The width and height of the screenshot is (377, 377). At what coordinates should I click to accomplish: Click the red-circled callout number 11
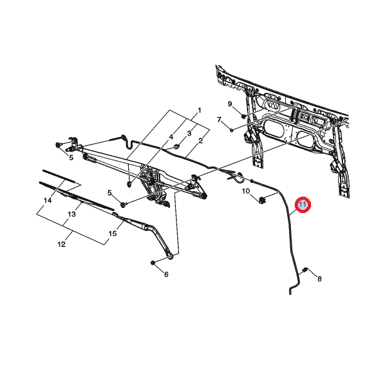(303, 205)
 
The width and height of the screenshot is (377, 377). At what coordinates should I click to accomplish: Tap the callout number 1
(199, 111)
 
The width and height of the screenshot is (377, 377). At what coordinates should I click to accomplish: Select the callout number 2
(201, 140)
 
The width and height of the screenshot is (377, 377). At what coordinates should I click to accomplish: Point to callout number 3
(189, 133)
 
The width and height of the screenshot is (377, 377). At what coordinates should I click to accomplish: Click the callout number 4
(171, 137)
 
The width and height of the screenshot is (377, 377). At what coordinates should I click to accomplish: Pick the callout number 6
(166, 275)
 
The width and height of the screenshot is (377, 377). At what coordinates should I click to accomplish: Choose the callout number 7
(219, 119)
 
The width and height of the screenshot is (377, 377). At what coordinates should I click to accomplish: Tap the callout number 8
(319, 279)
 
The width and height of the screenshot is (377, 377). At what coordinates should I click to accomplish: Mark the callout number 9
(230, 104)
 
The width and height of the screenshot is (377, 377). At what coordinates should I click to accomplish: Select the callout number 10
(246, 191)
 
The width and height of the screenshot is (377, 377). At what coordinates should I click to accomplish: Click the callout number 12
(62, 244)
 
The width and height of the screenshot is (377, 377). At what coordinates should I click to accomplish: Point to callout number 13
(72, 214)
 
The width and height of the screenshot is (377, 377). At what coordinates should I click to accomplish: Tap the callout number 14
(48, 200)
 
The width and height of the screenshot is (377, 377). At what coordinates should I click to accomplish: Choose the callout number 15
(112, 233)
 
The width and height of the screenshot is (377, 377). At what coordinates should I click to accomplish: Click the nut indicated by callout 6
(153, 263)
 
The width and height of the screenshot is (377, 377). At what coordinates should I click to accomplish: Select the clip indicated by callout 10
(262, 199)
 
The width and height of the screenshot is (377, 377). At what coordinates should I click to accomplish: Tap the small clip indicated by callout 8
(305, 270)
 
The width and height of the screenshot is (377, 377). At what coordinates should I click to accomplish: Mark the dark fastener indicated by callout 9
(243, 116)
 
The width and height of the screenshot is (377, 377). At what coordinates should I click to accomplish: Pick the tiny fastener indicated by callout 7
(231, 130)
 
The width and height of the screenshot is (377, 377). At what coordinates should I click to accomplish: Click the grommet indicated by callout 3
(177, 146)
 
